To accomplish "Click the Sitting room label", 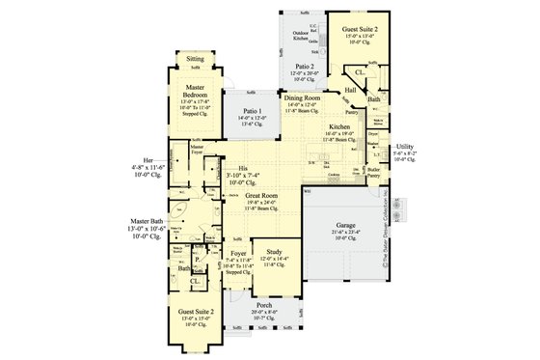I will click(195, 58).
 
